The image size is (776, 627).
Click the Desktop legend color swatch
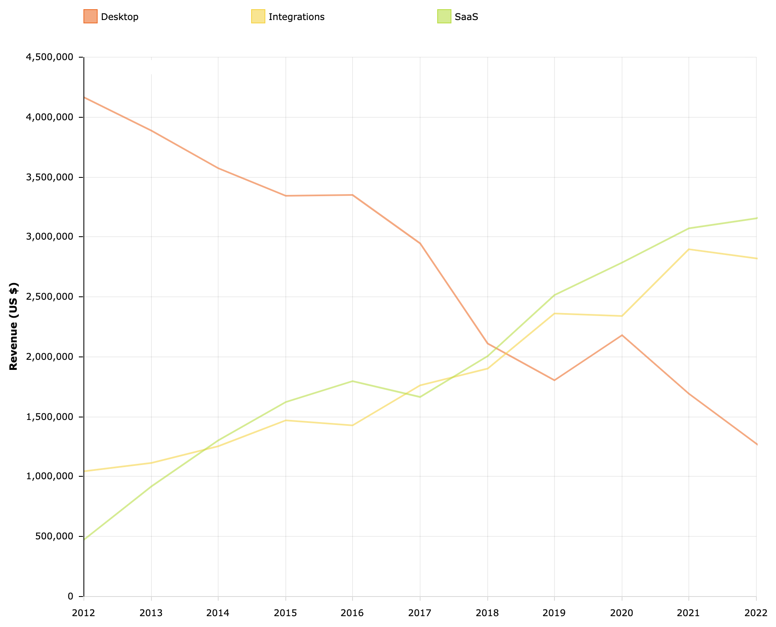[x=91, y=17]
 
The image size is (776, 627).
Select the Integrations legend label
[x=296, y=17]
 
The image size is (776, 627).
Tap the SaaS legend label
[x=466, y=17]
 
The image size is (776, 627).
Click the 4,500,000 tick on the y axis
[x=50, y=57]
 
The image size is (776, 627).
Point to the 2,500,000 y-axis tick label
[x=50, y=297]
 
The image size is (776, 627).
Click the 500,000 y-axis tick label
[x=53, y=536]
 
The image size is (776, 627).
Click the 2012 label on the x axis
[x=84, y=613]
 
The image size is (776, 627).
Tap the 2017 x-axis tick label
[x=420, y=613]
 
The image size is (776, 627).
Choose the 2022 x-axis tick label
[x=756, y=613]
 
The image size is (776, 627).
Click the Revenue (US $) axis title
[x=14, y=326]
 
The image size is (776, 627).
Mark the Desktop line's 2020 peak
[x=622, y=335]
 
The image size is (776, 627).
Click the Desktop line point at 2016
[x=353, y=195]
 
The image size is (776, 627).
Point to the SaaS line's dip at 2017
[x=420, y=397]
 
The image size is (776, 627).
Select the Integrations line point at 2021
[x=689, y=249]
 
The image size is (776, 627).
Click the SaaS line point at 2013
[x=151, y=486]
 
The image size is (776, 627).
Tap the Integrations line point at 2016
[x=353, y=425]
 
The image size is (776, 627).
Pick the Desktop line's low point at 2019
[x=554, y=380]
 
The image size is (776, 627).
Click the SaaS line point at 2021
[x=689, y=228]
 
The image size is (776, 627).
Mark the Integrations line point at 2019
[x=554, y=313]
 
